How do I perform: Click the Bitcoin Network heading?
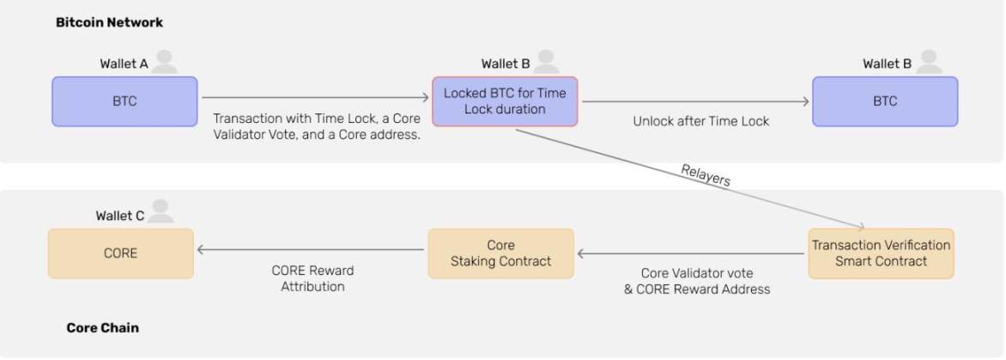tap(109, 22)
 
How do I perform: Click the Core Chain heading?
tap(103, 328)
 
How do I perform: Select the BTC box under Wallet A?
tap(124, 101)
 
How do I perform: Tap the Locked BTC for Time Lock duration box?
tap(505, 101)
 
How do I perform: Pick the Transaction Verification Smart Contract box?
tap(881, 253)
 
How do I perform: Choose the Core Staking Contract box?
tap(500, 253)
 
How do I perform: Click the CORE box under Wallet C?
tap(121, 253)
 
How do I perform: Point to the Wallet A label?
tap(124, 64)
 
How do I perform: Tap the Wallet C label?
tap(120, 216)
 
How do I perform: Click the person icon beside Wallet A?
tap(165, 62)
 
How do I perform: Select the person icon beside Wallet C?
tap(161, 212)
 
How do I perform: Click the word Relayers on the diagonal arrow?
tap(705, 175)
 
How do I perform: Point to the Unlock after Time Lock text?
tap(700, 120)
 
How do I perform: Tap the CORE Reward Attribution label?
tap(312, 278)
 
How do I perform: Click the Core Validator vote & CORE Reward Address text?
tap(697, 281)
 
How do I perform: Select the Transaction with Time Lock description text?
tap(317, 127)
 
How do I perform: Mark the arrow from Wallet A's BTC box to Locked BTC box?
tap(315, 98)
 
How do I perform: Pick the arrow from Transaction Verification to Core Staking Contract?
tap(690, 253)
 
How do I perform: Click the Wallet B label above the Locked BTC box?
tap(506, 64)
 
